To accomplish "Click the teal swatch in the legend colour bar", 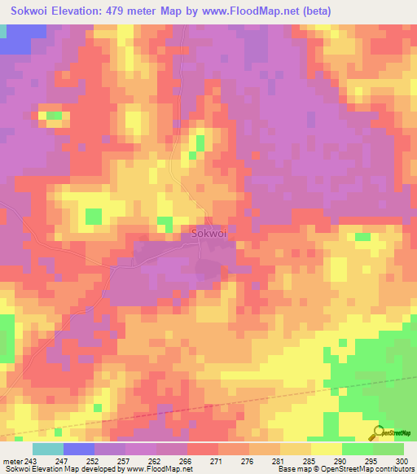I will (x=48, y=449).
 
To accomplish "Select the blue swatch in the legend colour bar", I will (x=79, y=449).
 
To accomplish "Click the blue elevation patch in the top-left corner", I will (x=14, y=40).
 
